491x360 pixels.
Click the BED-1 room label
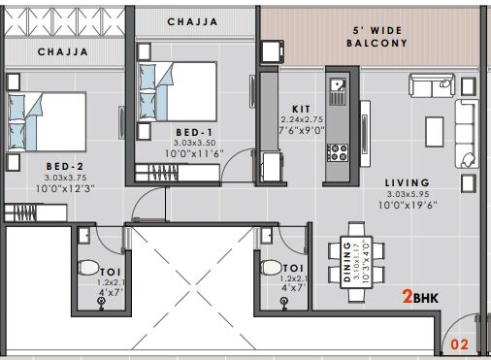pyautogui.click(x=194, y=132)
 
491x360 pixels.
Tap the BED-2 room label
pyautogui.click(x=65, y=167)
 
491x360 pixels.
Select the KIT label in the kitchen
pyautogui.click(x=301, y=109)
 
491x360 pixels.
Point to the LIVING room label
pyautogui.click(x=408, y=182)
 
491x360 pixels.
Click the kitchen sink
pyautogui.click(x=338, y=85)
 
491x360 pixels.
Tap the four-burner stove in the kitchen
pyautogui.click(x=338, y=152)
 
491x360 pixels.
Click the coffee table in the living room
pyautogui.click(x=435, y=132)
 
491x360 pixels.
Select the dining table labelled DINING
pyautogui.click(x=356, y=262)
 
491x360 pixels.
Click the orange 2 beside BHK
pyautogui.click(x=408, y=297)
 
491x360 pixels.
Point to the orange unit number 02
pyautogui.click(x=459, y=344)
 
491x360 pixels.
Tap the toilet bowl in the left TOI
pyautogui.click(x=88, y=268)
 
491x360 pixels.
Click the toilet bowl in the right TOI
pyautogui.click(x=271, y=268)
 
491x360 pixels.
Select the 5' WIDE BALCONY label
pyautogui.click(x=376, y=37)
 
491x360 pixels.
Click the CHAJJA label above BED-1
pyautogui.click(x=192, y=21)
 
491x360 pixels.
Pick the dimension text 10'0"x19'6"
pyautogui.click(x=408, y=205)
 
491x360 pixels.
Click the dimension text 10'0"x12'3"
pyautogui.click(x=65, y=188)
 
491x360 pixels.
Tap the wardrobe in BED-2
pyautogui.click(x=36, y=213)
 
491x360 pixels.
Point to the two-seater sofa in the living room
pyautogui.click(x=432, y=85)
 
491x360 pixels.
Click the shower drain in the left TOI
pyautogui.click(x=102, y=302)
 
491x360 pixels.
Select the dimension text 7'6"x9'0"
pyautogui.click(x=302, y=130)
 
